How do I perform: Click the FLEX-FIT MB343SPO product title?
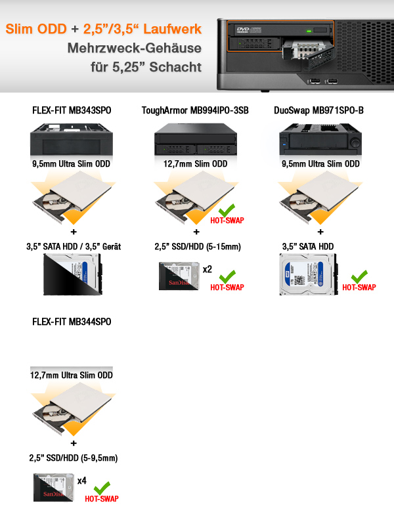tap(72, 110)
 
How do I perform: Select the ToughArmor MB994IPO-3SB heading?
tap(195, 110)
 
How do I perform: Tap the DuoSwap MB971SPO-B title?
tap(318, 110)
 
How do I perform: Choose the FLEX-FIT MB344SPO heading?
tap(72, 322)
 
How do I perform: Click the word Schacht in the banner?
tap(175, 67)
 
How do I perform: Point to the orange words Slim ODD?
tap(36, 29)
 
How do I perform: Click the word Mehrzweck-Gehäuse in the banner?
tap(135, 48)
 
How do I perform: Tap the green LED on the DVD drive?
tap(309, 31)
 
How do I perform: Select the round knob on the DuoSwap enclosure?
tap(355, 143)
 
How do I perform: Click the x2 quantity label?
tap(208, 269)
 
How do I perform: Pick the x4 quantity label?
tap(82, 481)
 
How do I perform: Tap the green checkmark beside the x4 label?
tap(102, 488)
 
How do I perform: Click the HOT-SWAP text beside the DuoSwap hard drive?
tap(359, 287)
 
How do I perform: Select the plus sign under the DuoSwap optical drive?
tap(320, 232)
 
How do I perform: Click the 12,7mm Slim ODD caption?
tap(195, 164)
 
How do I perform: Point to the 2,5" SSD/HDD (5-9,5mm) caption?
tap(74, 458)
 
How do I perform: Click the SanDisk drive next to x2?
tap(179, 276)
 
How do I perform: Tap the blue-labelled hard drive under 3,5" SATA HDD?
tap(308, 274)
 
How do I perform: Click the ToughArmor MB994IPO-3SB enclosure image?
tap(196, 139)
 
